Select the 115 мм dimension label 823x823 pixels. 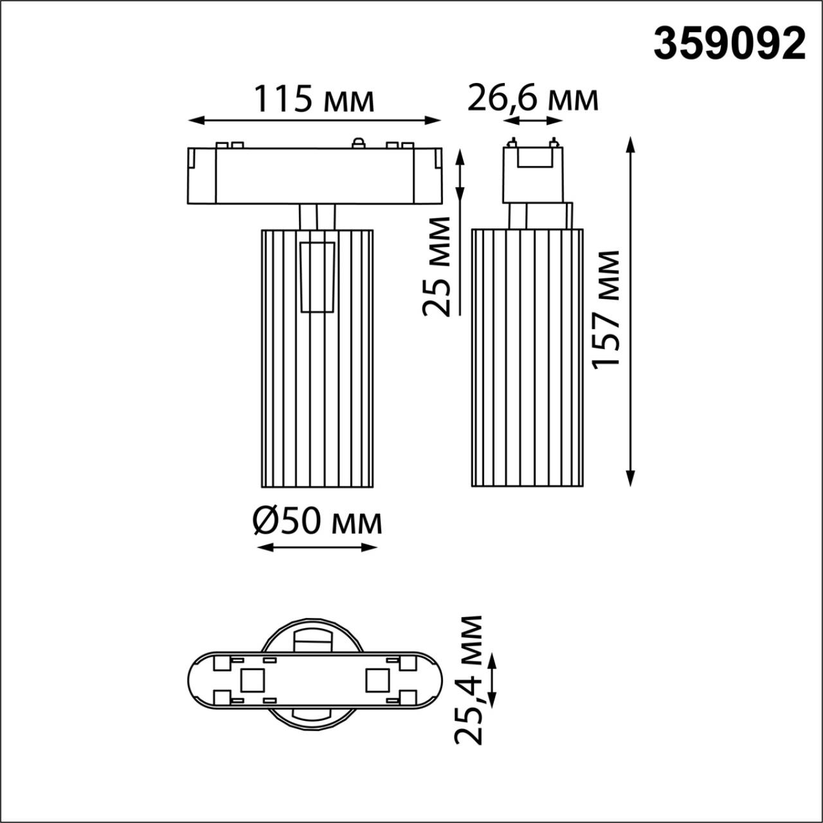(314, 100)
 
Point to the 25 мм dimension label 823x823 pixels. (437, 266)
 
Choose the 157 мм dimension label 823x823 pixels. (606, 309)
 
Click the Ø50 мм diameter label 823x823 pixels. (317, 522)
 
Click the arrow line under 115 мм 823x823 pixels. (314, 120)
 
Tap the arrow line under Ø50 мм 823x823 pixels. (316, 547)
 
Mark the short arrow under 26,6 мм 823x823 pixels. (533, 120)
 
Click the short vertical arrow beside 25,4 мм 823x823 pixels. (494, 679)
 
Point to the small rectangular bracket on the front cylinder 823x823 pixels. (318, 277)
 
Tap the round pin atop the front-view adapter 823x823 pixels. (358, 142)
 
